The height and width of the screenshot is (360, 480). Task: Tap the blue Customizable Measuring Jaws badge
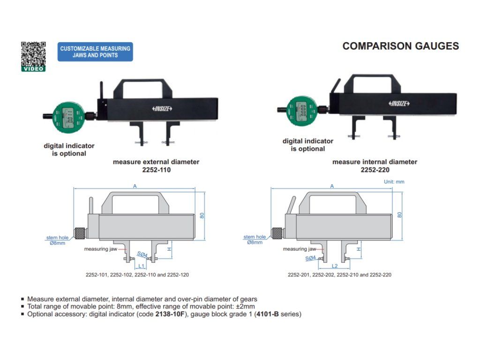95,52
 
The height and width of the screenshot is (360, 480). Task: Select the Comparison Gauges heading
400,46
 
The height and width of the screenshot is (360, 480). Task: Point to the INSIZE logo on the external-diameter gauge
163,109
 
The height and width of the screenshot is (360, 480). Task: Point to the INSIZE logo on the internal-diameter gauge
399,103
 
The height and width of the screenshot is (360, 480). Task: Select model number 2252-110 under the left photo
156,170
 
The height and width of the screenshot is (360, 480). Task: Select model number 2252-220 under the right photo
375,170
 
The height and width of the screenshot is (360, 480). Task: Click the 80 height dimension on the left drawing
202,215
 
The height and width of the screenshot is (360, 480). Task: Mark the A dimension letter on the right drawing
332,186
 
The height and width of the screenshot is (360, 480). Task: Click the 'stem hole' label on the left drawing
58,237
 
